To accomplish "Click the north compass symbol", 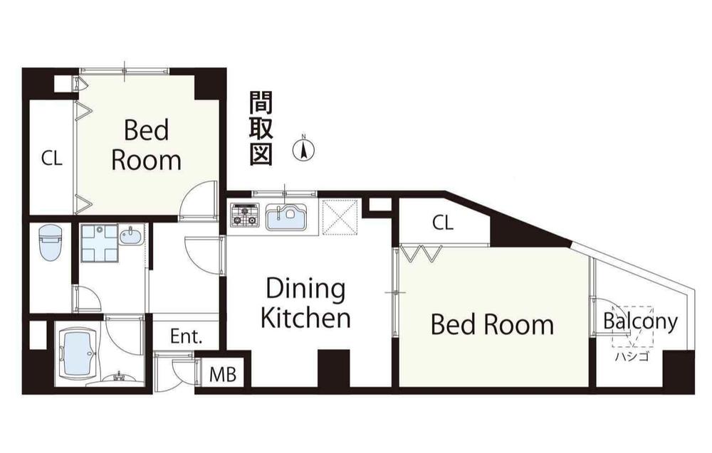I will tap(304, 149).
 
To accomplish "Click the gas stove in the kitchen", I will tap(245, 215).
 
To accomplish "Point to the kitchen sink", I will tap(286, 216).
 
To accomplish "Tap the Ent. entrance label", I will tap(186, 337).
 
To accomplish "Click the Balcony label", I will tap(640, 321).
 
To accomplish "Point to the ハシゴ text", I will tap(632, 356).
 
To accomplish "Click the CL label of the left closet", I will tap(51, 159).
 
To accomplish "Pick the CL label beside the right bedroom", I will tap(442, 223).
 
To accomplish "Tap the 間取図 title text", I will tap(261, 129).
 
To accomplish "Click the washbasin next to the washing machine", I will tap(131, 234).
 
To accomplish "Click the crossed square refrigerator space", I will tap(339, 216).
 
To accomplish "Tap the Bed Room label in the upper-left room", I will tap(145, 145).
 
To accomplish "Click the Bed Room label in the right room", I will tap(492, 324).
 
